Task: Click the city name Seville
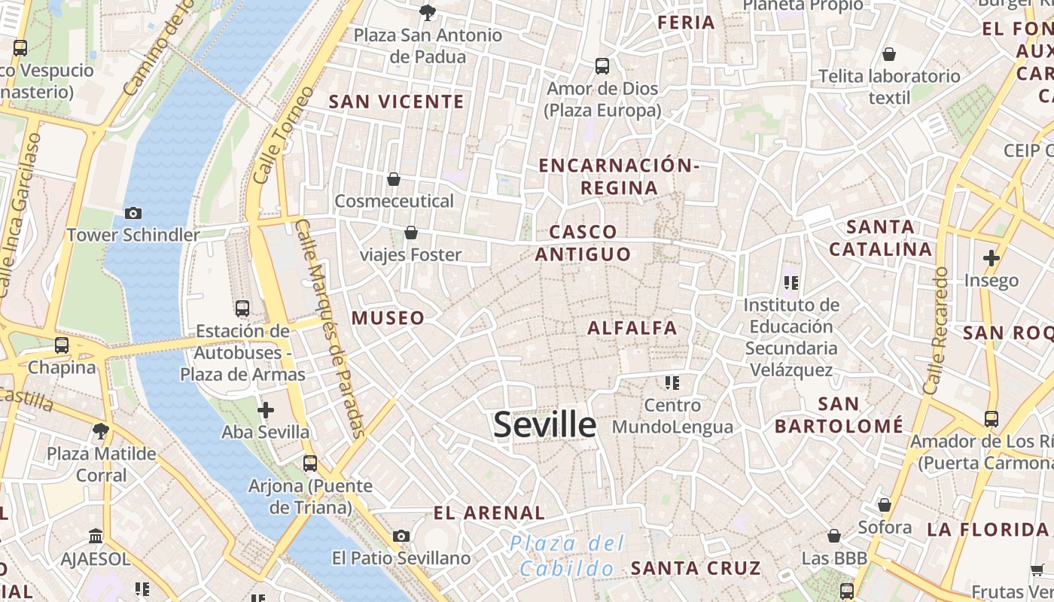(544, 424)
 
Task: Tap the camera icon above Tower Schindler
(133, 213)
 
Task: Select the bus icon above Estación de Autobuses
(242, 308)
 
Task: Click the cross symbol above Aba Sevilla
(265, 410)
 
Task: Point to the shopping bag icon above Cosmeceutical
(393, 179)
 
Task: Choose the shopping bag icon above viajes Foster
(411, 233)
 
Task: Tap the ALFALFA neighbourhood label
(632, 328)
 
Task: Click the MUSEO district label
(388, 318)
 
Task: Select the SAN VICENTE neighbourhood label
(397, 102)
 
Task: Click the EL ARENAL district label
(489, 513)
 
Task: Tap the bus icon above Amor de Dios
(602, 66)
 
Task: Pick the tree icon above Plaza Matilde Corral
(100, 431)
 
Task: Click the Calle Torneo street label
(283, 135)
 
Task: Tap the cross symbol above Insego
(991, 258)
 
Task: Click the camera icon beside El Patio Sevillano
(401, 536)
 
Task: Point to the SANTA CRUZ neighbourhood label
(696, 568)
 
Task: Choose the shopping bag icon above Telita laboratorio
(889, 54)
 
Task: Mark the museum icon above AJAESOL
(96, 537)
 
